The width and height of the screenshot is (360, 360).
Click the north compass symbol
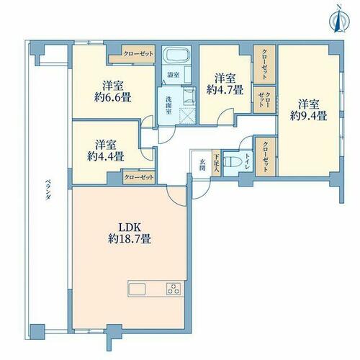pyautogui.click(x=339, y=19)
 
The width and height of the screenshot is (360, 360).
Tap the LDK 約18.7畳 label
pyautogui.click(x=130, y=233)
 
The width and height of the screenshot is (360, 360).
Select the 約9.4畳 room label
pyautogui.click(x=308, y=111)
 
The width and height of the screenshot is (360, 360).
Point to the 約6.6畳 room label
pyautogui.click(x=113, y=91)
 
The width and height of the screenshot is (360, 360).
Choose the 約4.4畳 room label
pyautogui.click(x=106, y=150)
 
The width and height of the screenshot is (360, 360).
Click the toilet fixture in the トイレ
pyautogui.click(x=230, y=162)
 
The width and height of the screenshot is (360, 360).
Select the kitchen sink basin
pyautogui.click(x=138, y=289)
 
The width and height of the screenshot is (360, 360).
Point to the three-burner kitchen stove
pyautogui.click(x=174, y=289)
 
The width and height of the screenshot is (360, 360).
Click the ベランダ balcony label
pyautogui.click(x=48, y=190)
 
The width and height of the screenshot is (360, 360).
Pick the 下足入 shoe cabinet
pyautogui.click(x=216, y=163)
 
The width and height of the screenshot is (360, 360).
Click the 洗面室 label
pyautogui.click(x=169, y=105)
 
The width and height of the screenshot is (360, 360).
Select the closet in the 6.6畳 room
pyautogui.click(x=132, y=54)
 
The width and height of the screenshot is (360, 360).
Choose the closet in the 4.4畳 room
pyautogui.click(x=139, y=177)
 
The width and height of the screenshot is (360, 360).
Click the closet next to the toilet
pyautogui.click(x=265, y=157)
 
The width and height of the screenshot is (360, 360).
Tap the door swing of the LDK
pyautogui.click(x=176, y=196)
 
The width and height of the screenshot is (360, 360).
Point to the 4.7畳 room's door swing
pyautogui.click(x=225, y=117)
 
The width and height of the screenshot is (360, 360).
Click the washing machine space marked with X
pyautogui.click(x=188, y=116)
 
